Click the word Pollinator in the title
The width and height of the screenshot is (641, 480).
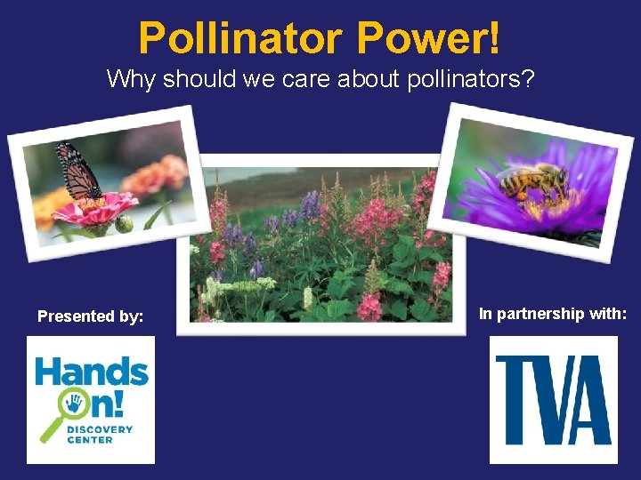point(240,38)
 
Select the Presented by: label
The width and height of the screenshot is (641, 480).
point(90,316)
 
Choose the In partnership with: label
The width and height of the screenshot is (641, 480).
point(553,313)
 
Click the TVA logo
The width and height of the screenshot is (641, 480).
point(553,399)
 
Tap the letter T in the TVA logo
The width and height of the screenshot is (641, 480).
point(514,399)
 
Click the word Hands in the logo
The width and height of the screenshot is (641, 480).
point(91,371)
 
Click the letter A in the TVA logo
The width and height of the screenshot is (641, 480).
point(593,399)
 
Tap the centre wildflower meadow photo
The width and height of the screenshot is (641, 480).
point(320,245)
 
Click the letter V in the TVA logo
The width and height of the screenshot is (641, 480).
point(555,399)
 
